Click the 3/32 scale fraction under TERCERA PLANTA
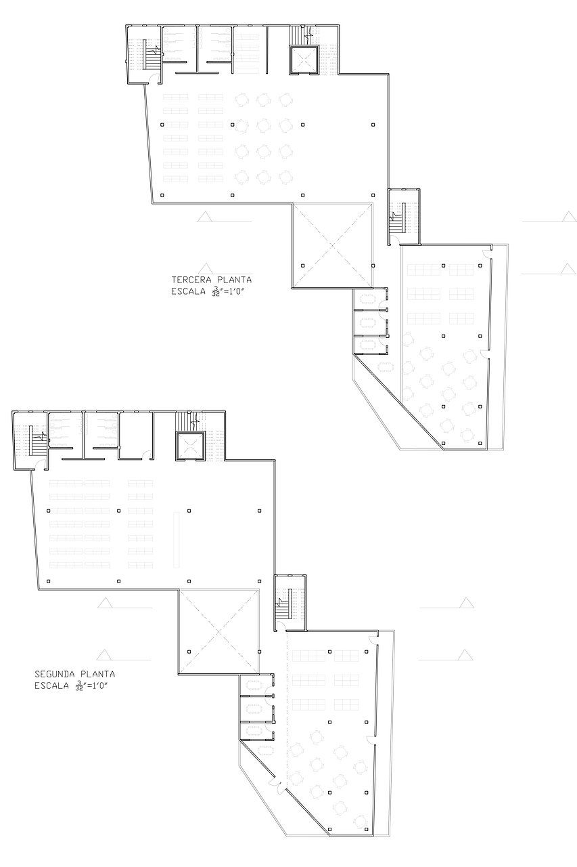pyautogui.click(x=214, y=292)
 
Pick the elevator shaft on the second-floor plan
pyautogui.click(x=191, y=446)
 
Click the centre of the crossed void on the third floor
pyautogui.click(x=333, y=245)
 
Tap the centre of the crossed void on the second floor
pyautogui.click(x=218, y=631)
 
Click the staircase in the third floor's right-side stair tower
pyautogui.click(x=397, y=219)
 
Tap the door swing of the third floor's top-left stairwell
pyautogui.click(x=155, y=78)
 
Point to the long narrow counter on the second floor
pyautogui.click(x=177, y=540)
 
